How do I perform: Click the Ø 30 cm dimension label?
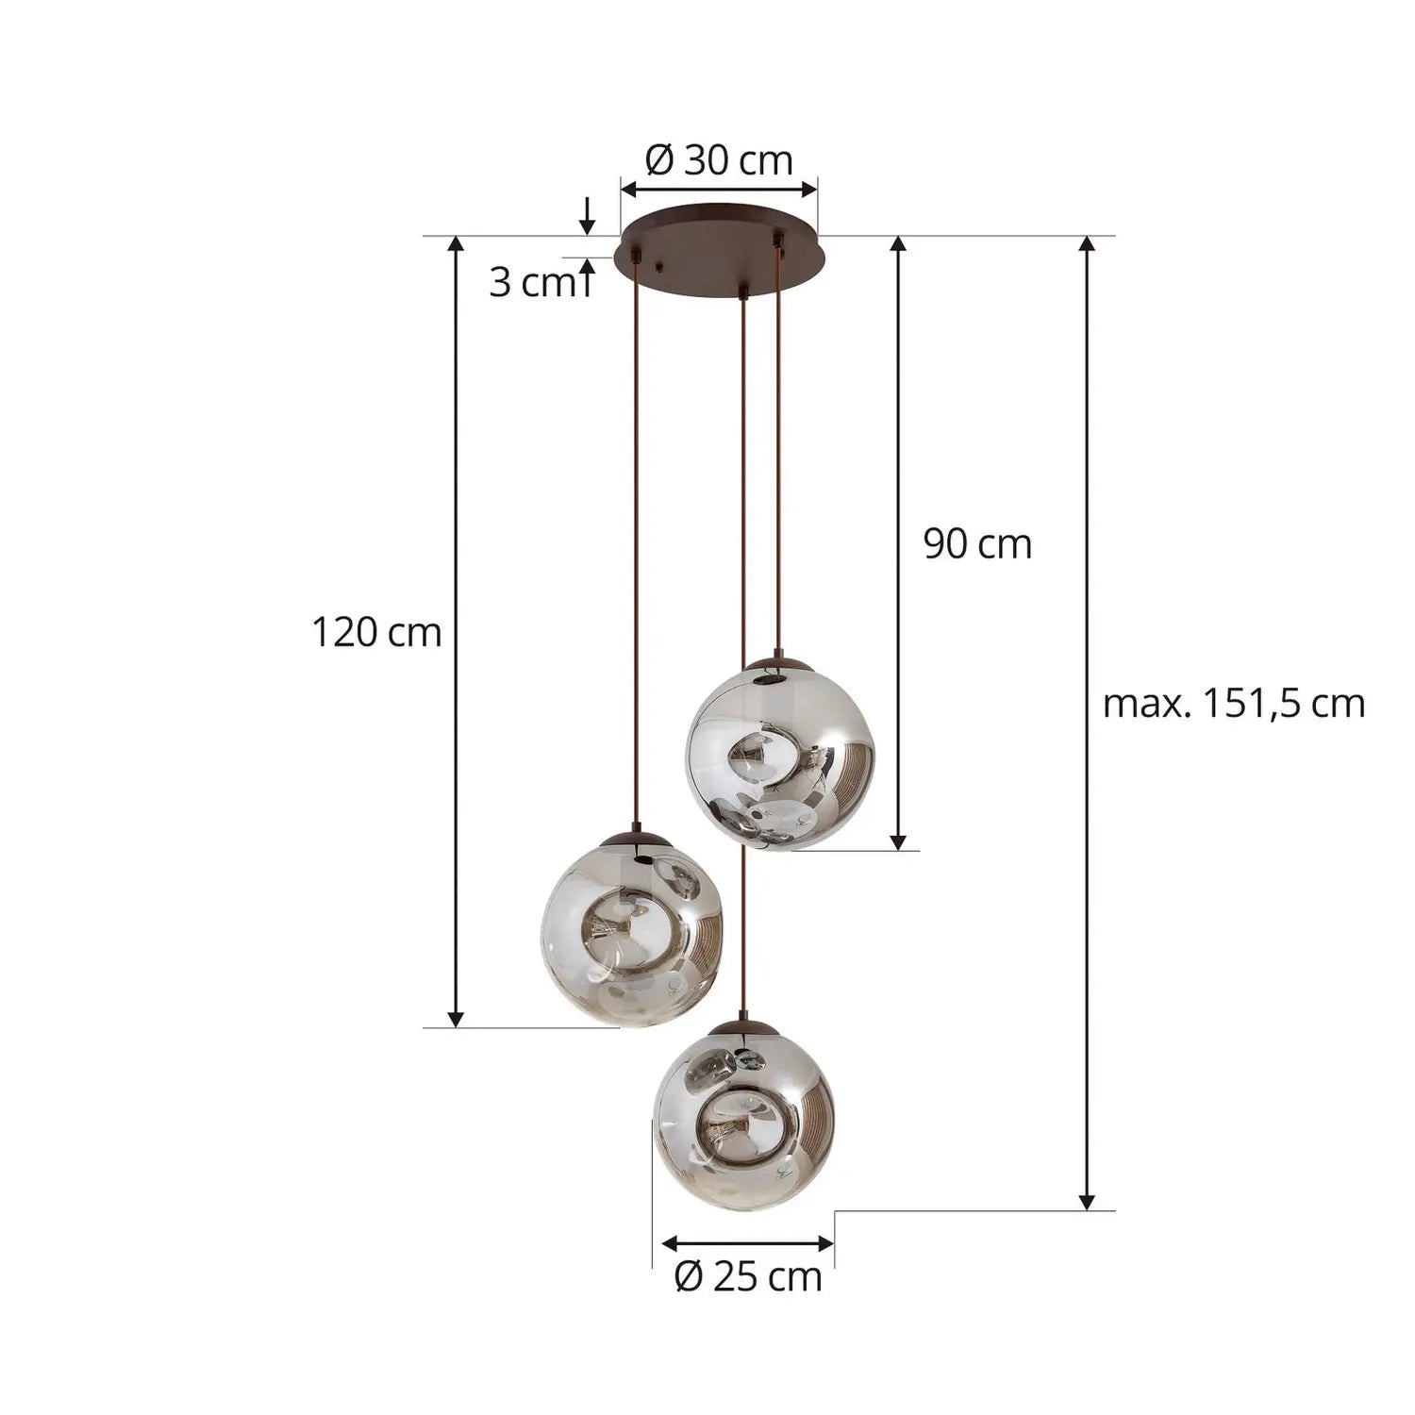719,160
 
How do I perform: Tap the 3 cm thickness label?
531,283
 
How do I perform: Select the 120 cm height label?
376,632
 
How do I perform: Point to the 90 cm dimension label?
977,544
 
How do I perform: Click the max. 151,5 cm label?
1234,704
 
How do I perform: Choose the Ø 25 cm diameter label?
748,1277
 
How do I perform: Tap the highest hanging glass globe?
779,755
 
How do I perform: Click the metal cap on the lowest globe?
744,1027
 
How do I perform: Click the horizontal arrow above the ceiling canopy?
719,190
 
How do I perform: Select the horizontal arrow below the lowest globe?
748,1243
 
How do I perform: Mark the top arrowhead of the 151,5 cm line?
1087,243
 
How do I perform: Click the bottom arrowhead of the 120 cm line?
456,1018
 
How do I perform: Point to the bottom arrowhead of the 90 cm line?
898,841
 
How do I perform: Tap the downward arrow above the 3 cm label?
587,216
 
